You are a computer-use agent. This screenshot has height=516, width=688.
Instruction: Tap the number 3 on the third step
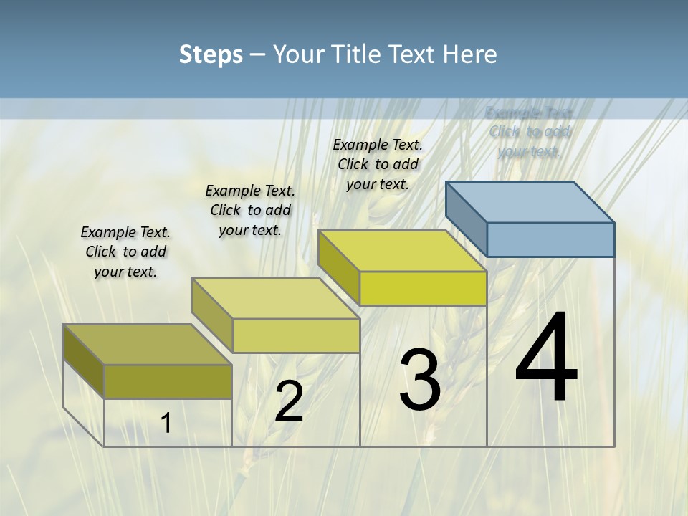click(x=419, y=380)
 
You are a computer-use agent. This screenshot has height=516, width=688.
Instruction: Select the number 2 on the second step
click(x=289, y=401)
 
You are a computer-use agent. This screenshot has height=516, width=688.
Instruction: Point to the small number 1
click(x=166, y=423)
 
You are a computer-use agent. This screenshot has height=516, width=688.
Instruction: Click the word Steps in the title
click(x=211, y=54)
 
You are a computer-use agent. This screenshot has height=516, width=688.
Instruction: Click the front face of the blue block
click(x=550, y=239)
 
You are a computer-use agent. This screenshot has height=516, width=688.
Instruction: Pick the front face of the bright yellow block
click(x=423, y=288)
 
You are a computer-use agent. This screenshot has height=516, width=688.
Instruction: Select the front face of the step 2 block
click(x=296, y=335)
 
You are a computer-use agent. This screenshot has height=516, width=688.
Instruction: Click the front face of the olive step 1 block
click(x=168, y=381)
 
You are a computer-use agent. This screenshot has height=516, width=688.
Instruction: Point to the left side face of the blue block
click(x=467, y=219)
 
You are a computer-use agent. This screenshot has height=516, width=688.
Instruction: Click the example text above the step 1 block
click(x=126, y=252)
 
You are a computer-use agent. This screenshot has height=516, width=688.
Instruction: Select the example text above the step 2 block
click(x=250, y=210)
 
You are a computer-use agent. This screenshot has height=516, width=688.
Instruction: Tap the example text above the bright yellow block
click(x=378, y=164)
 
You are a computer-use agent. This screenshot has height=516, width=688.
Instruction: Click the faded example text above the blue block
click(x=530, y=132)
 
